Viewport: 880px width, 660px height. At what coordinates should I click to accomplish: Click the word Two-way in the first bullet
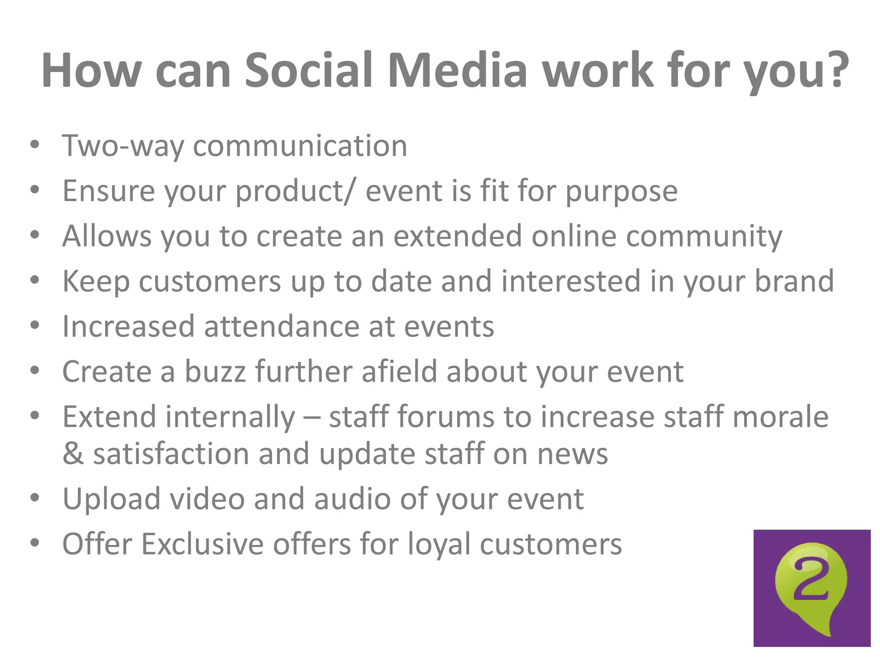click(x=123, y=146)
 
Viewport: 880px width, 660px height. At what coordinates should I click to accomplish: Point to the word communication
click(x=300, y=146)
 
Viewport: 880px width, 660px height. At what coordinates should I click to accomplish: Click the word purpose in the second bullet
click(x=621, y=191)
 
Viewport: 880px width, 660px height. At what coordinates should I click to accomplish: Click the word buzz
click(x=215, y=371)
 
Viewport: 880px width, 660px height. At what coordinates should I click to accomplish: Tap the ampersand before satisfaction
click(x=73, y=454)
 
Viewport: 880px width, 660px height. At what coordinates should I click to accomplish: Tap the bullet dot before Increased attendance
click(x=35, y=326)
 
